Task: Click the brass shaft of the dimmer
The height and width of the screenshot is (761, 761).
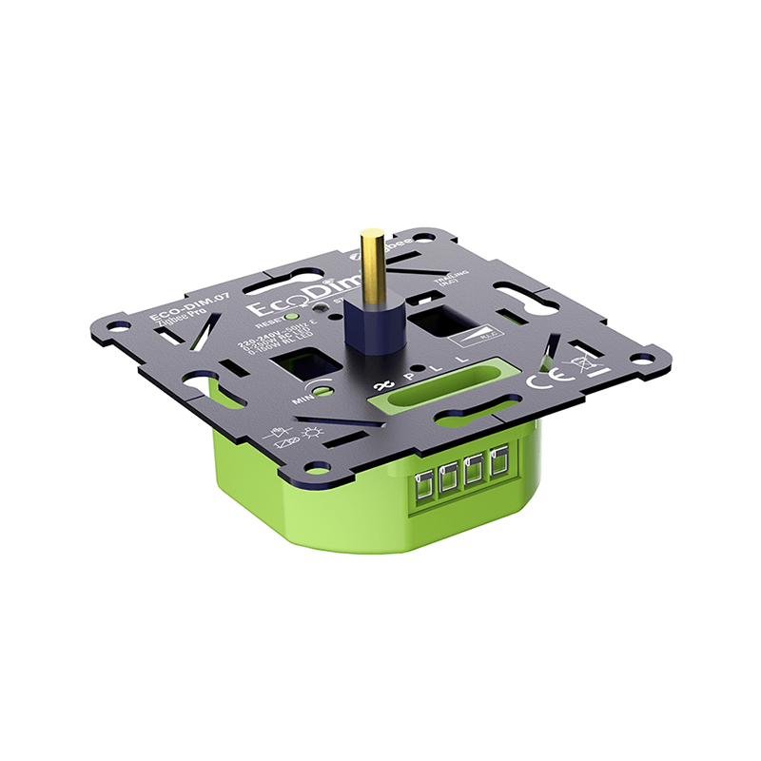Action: (373, 262)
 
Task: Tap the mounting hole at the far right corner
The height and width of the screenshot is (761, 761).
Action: (643, 361)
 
